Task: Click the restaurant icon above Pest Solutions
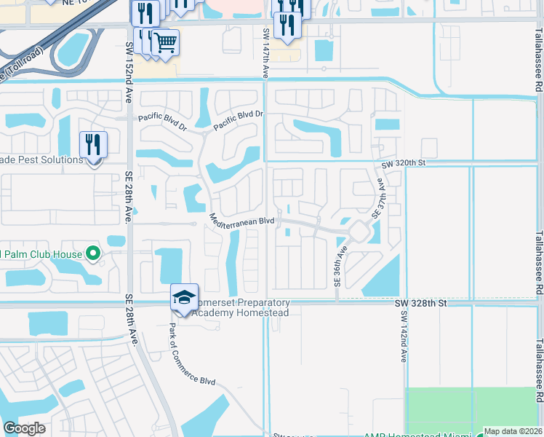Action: click(x=93, y=144)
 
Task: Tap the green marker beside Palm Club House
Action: click(x=93, y=254)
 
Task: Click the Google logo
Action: click(x=25, y=428)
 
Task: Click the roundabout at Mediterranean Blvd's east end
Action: click(x=358, y=232)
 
